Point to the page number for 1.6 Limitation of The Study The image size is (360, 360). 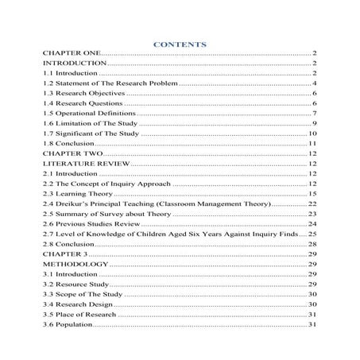(x=315, y=125)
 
